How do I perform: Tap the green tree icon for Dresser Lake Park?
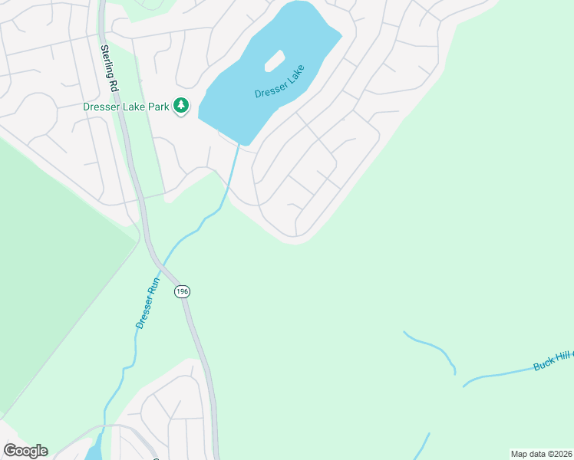(181, 106)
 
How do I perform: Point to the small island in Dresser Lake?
(274, 61)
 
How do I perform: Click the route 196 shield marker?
(182, 291)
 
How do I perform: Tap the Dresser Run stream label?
(147, 303)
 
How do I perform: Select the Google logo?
(25, 451)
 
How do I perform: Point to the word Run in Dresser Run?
(153, 285)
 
